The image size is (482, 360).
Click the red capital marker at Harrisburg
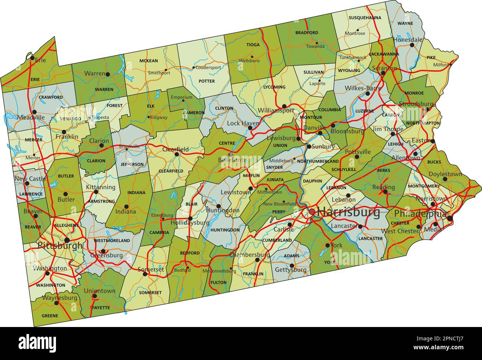pyautogui.click(x=312, y=212)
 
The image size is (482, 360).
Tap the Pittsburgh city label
pyautogui.click(x=60, y=245)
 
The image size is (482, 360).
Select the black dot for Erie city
pyautogui.click(x=32, y=58)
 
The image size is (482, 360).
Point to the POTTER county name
pyautogui.click(x=207, y=81)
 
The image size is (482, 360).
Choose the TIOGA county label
pyautogui.click(x=253, y=44)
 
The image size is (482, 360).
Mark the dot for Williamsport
pyautogui.click(x=284, y=106)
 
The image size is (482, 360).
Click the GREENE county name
pyautogui.click(x=50, y=316)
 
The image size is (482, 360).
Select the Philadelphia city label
pyautogui.click(x=420, y=214)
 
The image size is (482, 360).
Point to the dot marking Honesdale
pyautogui.click(x=412, y=45)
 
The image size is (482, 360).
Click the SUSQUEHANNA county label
pyautogui.click(x=364, y=17)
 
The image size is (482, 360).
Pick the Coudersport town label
pyautogui.click(x=208, y=67)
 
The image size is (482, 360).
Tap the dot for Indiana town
pyautogui.click(x=126, y=207)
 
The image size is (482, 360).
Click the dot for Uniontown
pyautogui.click(x=95, y=296)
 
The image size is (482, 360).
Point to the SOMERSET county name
pyautogui.click(x=150, y=293)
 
